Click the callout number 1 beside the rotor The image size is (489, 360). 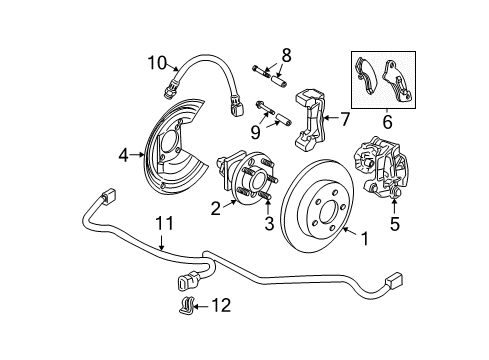tap(363, 239)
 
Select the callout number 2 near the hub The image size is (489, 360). tap(215, 208)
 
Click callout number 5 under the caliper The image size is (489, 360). tap(394, 225)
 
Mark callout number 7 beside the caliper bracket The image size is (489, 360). tap(345, 120)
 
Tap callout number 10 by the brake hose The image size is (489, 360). tap(157, 64)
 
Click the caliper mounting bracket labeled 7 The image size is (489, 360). tap(313, 121)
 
